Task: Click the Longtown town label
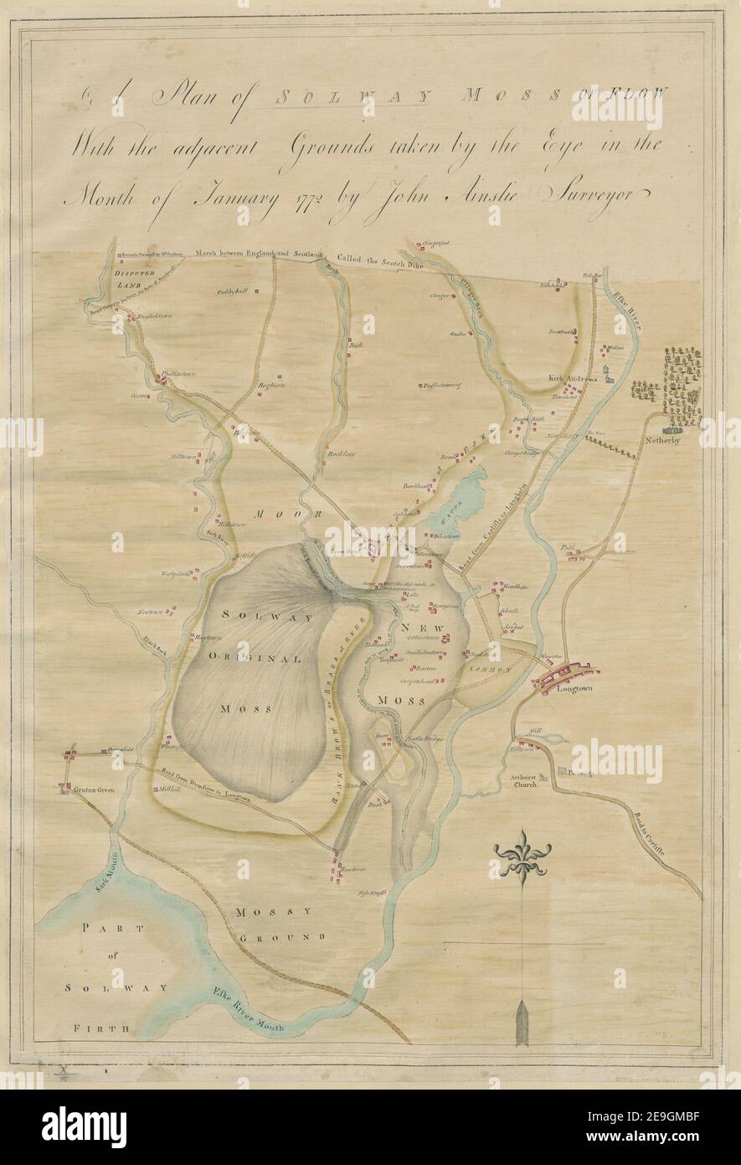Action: click(574, 689)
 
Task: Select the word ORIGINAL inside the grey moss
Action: click(254, 659)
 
